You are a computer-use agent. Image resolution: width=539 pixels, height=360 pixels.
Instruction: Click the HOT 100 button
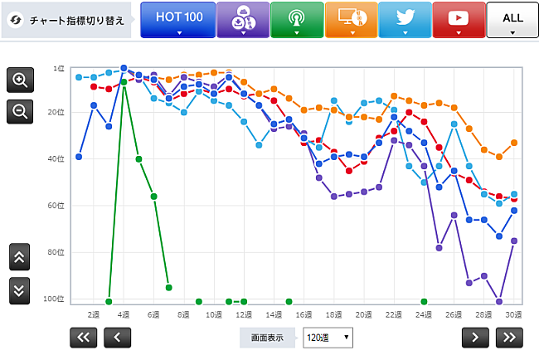coord(177,19)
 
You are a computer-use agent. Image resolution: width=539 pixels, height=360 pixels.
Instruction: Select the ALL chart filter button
coord(512,19)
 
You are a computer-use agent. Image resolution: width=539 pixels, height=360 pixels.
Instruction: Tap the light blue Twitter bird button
coord(405,19)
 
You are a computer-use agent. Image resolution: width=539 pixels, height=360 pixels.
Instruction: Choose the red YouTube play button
coord(459,19)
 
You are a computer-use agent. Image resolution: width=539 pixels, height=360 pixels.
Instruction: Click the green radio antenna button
coord(296,19)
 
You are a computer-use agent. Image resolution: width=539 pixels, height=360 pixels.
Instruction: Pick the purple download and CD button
coord(243,19)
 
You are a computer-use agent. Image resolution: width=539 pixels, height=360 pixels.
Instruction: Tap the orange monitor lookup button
coord(351,19)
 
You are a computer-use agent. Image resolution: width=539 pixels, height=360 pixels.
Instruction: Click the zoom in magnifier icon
coord(20,80)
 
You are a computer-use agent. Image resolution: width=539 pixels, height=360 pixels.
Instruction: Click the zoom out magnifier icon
coord(20,110)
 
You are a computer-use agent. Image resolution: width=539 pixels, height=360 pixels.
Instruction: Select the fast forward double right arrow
coord(509,337)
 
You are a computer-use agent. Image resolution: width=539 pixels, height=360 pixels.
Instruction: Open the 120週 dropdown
coord(328,338)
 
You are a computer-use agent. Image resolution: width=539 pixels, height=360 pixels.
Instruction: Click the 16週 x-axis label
coord(303,315)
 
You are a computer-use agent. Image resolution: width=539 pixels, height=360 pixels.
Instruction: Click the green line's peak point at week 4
coord(124,82)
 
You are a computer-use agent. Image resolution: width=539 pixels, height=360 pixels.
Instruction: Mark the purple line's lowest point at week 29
coord(499,301)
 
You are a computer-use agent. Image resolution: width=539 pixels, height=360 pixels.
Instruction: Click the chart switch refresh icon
coord(14,20)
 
